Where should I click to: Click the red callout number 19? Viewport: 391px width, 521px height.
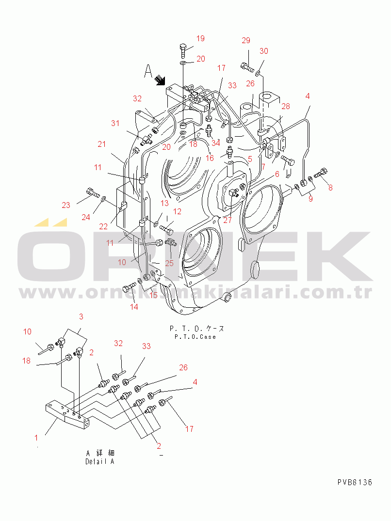click(x=200, y=39)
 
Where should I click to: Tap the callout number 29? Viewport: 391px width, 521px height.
click(x=245, y=41)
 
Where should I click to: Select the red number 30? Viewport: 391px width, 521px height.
click(x=264, y=51)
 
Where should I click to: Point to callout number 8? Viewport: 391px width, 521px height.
click(x=330, y=188)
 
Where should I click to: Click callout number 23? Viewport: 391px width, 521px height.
click(x=66, y=205)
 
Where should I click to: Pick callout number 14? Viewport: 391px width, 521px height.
click(x=134, y=307)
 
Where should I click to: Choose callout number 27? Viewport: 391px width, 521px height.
click(x=228, y=221)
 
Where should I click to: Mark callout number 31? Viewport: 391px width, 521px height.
click(x=115, y=123)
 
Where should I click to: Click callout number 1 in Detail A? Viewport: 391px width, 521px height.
click(x=36, y=438)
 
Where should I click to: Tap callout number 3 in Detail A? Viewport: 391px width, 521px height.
click(x=81, y=316)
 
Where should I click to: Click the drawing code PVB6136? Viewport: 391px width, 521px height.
click(x=355, y=482)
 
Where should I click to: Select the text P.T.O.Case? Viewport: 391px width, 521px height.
click(x=195, y=337)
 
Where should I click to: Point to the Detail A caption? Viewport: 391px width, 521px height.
click(x=100, y=461)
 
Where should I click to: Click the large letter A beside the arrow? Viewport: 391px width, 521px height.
click(x=148, y=71)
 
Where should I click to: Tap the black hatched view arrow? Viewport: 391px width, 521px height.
click(x=161, y=80)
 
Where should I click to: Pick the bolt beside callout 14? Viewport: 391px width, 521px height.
click(x=130, y=286)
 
